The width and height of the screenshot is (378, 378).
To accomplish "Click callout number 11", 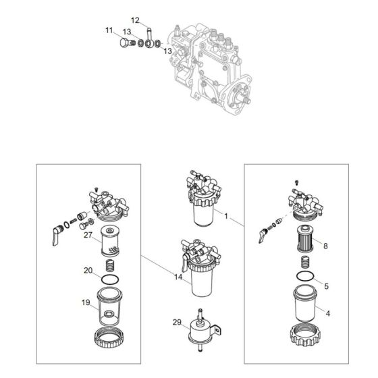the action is [109, 30].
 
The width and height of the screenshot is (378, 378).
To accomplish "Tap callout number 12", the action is [135, 20].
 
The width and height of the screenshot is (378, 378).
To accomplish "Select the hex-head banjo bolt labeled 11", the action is [127, 43].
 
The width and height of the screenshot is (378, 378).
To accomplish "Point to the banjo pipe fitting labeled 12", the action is [149, 38].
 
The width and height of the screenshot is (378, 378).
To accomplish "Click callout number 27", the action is [88, 235].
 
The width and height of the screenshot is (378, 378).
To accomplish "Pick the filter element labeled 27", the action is [110, 241].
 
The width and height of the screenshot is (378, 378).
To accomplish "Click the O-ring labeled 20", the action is [110, 280].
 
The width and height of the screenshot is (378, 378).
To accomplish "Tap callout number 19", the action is [86, 302].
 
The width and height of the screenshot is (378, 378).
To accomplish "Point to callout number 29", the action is [177, 322].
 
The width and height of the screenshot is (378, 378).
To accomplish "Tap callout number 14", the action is [178, 277].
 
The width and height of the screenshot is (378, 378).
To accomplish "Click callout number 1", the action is [226, 216].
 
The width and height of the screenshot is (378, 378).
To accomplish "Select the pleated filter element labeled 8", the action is [305, 239].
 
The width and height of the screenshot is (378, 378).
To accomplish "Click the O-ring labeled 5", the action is [305, 276].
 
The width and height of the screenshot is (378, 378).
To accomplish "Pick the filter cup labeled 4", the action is [305, 303].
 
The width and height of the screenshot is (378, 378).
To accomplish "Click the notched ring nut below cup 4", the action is [305, 335].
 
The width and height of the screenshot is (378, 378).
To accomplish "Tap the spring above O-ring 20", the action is [110, 266].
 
